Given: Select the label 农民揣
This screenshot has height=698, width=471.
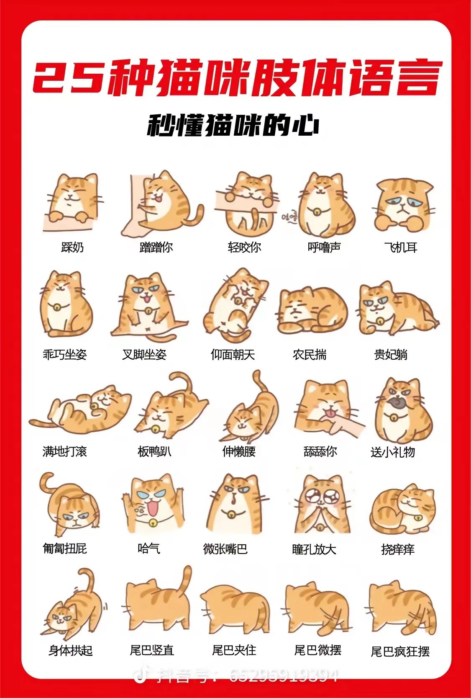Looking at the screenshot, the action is [x=310, y=355].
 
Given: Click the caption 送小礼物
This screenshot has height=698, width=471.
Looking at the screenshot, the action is [x=392, y=452].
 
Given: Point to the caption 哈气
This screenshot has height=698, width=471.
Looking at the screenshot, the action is [x=149, y=549].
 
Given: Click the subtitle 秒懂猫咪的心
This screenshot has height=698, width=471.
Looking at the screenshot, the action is [x=233, y=126].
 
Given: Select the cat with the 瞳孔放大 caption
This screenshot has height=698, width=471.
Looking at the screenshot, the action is [x=322, y=505].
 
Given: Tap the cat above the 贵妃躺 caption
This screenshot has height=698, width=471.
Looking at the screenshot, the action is [x=399, y=309].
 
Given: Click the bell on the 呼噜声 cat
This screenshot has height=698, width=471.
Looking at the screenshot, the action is [x=317, y=212].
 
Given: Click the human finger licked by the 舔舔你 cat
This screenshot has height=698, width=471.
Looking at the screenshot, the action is [x=346, y=423].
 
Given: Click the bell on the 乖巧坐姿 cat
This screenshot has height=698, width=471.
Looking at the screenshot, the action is [x=57, y=307].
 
